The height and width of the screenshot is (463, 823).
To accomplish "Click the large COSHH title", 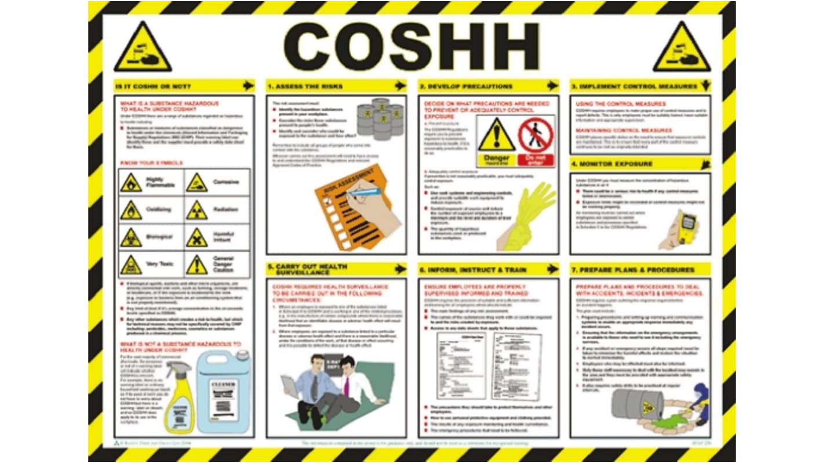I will [x=411, y=46].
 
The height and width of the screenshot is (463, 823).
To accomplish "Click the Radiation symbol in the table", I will [x=196, y=211].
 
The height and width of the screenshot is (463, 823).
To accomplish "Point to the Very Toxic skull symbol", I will [x=131, y=265].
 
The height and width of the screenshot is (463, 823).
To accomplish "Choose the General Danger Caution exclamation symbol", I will [x=196, y=265].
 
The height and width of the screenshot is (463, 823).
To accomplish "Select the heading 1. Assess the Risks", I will [x=301, y=86].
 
